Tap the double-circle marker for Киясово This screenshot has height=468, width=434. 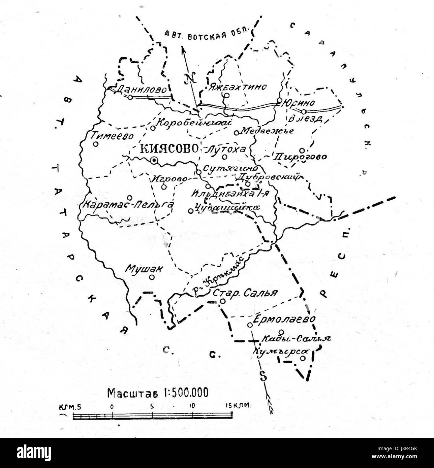[154, 161]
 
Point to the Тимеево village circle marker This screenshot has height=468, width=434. [96, 144]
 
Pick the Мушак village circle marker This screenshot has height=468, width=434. [152, 277]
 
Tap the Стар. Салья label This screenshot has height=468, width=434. [245, 293]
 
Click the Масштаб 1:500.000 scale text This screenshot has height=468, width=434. [158, 393]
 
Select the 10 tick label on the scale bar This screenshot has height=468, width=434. [192, 406]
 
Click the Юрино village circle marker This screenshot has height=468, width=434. [279, 100]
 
